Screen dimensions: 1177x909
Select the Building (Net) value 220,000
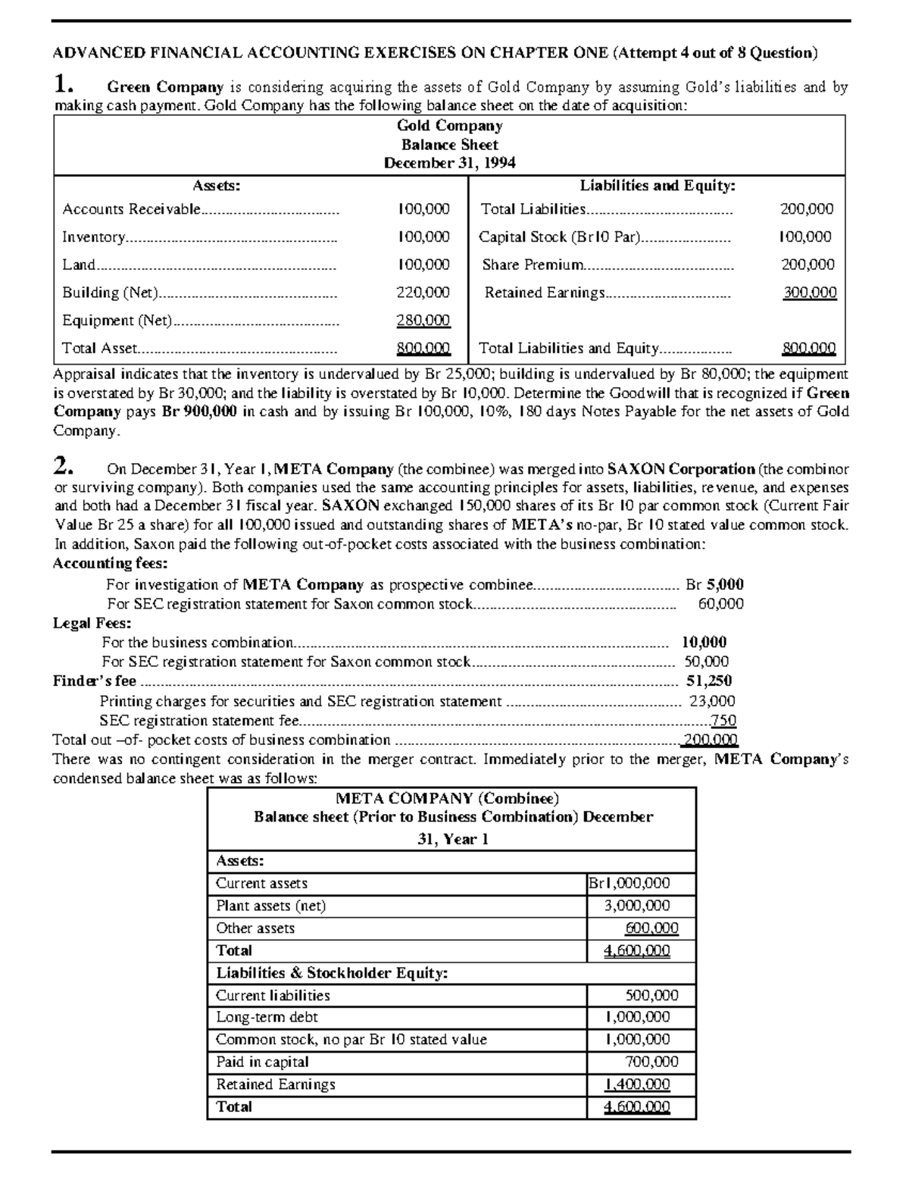coord(423,293)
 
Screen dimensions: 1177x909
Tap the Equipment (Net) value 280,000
coord(423,321)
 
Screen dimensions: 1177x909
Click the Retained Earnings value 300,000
coord(809,293)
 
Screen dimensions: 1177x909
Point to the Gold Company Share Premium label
coord(533,265)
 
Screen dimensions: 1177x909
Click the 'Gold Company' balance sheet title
coord(449,126)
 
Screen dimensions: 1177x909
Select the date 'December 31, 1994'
coord(449,163)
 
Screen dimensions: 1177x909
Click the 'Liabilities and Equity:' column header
coord(658,186)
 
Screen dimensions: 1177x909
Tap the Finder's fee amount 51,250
coord(709,681)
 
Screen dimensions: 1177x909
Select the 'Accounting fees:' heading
coord(111,563)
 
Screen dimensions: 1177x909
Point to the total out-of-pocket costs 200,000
coord(710,740)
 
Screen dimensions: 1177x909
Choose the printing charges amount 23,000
coord(711,701)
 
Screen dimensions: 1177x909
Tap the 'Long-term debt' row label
coord(267,1017)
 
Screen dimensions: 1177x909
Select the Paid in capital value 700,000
coord(651,1062)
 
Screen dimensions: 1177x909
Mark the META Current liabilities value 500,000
coord(651,995)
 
